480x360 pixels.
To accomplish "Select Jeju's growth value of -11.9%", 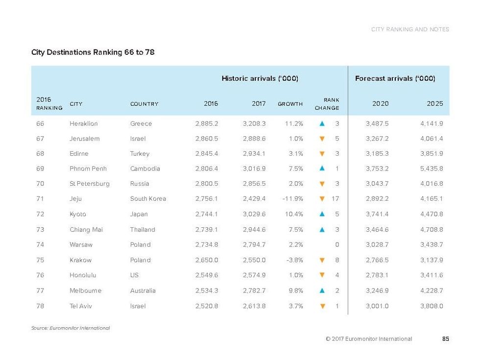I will (x=292, y=199).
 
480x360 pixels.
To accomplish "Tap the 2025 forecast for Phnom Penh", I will (x=431, y=168).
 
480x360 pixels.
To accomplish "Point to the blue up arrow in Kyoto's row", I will (x=322, y=214).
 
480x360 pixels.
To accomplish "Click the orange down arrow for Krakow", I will (x=322, y=260).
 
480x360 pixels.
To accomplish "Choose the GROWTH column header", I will (x=290, y=104).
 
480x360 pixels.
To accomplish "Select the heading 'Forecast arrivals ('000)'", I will (x=395, y=78).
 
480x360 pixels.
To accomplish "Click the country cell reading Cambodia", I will (x=145, y=168).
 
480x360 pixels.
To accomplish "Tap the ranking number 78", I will (x=40, y=306).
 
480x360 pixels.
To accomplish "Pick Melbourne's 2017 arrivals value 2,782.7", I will (x=254, y=290).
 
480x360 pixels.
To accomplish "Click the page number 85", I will (x=445, y=338).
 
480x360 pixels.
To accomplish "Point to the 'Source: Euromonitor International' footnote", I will (x=71, y=328).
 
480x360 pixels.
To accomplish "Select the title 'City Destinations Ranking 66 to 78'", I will (x=93, y=52).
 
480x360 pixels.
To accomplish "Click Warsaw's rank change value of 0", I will (x=337, y=244).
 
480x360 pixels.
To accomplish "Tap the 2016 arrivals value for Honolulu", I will (x=206, y=275).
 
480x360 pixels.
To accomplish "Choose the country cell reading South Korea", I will (x=148, y=199).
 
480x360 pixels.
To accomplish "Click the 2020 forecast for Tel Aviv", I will (x=377, y=306).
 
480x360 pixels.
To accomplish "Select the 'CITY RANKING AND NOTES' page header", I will (x=410, y=29).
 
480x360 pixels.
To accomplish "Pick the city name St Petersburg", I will (x=90, y=184).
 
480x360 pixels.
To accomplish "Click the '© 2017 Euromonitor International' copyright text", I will (x=369, y=338).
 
